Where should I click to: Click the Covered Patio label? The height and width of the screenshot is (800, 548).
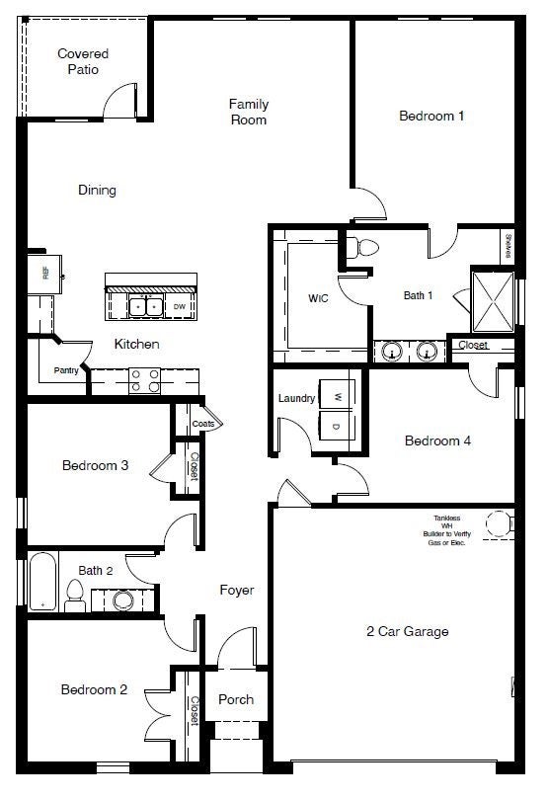pos(83,61)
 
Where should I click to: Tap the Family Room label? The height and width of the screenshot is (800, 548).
pos(249,112)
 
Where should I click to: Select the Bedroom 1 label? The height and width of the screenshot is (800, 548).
pos(431,116)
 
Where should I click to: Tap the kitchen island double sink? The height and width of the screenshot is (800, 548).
pos(149,307)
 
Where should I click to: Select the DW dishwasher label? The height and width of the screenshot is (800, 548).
pos(180,307)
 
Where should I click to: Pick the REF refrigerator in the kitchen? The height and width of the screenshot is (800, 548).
pos(46,273)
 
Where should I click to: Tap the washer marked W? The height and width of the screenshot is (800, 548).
pos(337,396)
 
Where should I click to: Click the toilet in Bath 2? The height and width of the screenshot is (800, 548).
pos(74,593)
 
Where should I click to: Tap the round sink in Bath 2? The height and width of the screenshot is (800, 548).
pos(122,599)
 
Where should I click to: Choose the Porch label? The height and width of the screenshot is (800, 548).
pos(236,699)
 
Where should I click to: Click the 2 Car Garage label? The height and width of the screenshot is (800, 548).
pos(407,631)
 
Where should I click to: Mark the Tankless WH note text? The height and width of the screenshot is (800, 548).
pos(446,530)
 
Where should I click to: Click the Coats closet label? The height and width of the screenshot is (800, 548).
pos(203,424)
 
